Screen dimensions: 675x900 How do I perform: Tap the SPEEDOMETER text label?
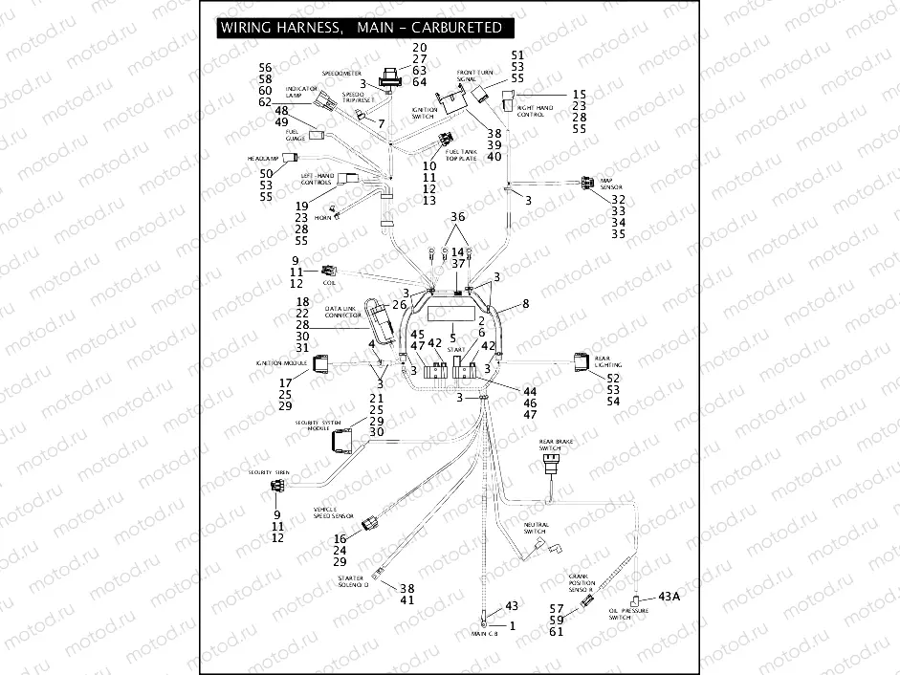pyautogui.click(x=340, y=73)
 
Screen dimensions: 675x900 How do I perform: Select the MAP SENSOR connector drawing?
pyautogui.click(x=585, y=183)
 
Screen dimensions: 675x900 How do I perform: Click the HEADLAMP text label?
pyautogui.click(x=262, y=158)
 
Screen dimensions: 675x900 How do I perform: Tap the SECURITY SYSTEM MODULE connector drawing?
pyautogui.click(x=342, y=441)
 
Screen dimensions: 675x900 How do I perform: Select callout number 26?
pyautogui.click(x=399, y=305)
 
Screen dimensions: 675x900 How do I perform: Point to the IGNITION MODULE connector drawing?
pyautogui.click(x=320, y=363)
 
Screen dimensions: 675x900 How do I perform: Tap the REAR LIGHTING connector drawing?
pyautogui.click(x=582, y=361)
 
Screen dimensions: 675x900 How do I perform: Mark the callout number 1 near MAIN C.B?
pyautogui.click(x=511, y=626)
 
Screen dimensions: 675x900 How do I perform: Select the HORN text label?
pyautogui.click(x=322, y=217)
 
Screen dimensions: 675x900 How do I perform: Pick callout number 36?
pyautogui.click(x=458, y=217)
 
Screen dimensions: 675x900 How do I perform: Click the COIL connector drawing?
pyautogui.click(x=329, y=271)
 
